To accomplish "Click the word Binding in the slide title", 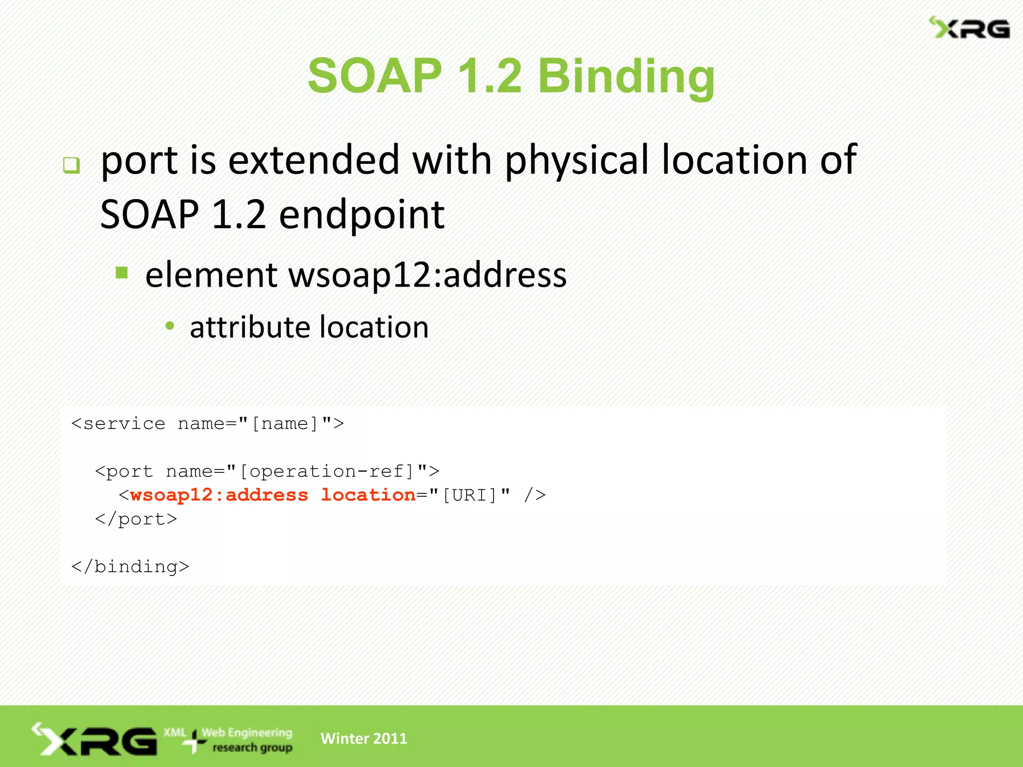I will [x=626, y=76].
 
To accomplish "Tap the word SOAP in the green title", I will [x=375, y=76].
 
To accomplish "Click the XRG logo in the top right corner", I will [x=969, y=28].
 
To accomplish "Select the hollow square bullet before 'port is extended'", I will [x=71, y=165].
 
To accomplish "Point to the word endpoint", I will [x=362, y=215].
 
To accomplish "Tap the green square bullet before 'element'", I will [x=121, y=273].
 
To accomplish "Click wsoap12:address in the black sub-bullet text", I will [x=428, y=275].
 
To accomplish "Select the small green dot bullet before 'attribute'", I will [x=170, y=326].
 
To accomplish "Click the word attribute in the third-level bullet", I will [x=250, y=328].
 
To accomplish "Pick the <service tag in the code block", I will [x=118, y=423].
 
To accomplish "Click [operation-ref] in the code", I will [x=327, y=471].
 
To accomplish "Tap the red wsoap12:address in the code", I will [x=219, y=495].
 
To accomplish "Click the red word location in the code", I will [x=368, y=495].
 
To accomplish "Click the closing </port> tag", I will [x=136, y=519].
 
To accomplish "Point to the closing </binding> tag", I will [x=130, y=567].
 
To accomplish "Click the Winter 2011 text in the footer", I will [x=364, y=739].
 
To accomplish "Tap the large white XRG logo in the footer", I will [x=95, y=740].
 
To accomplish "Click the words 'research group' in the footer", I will [x=252, y=748].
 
